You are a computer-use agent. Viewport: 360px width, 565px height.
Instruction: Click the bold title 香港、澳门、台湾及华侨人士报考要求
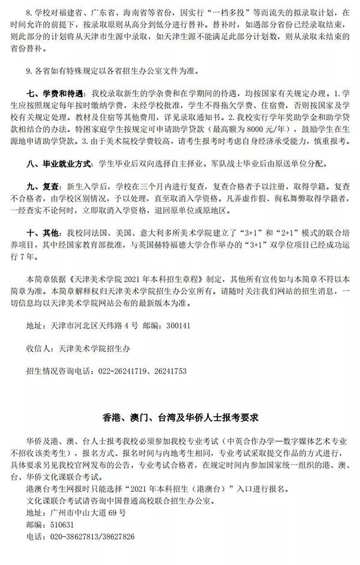tap(179, 415)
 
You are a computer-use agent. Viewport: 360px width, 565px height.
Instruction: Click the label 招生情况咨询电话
tap(58, 370)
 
